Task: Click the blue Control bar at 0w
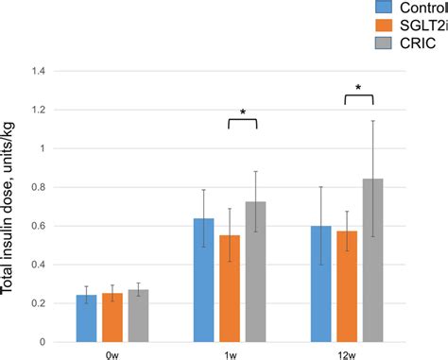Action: pos(86,318)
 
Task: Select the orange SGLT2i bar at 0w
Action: pos(112,317)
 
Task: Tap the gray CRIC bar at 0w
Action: pos(138,316)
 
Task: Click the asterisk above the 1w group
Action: pos(243,112)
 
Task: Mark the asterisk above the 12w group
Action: pos(358,88)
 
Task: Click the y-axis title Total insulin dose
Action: pos(11,208)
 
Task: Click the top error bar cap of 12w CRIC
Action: pos(374,121)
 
